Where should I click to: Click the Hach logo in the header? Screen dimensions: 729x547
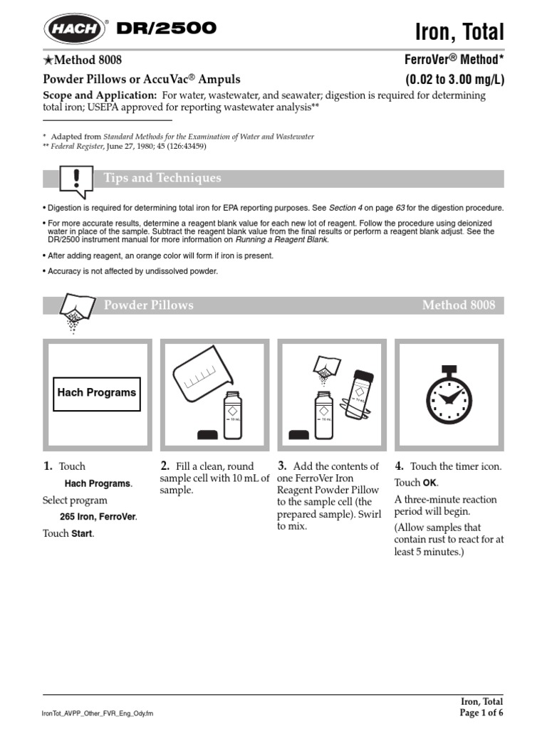[x=73, y=30]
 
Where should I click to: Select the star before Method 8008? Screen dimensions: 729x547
[x=48, y=61]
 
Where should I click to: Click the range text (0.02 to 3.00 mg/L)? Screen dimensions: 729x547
[x=454, y=79]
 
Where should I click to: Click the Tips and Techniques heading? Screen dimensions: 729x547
[x=162, y=178]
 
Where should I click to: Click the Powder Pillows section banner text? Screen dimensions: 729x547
[x=148, y=305]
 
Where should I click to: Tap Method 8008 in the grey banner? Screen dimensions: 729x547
[x=458, y=305]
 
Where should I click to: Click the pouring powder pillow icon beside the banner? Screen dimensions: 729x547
[x=75, y=311]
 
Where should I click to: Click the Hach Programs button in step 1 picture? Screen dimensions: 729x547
[x=97, y=392]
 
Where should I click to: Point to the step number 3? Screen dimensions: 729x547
[x=282, y=466]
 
